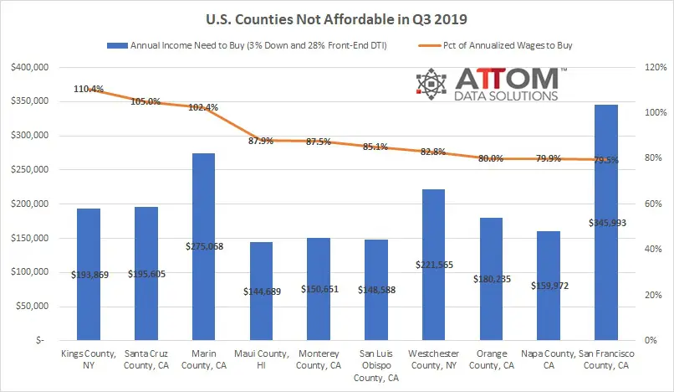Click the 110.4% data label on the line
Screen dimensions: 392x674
pos(89,89)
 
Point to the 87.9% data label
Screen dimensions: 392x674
pos(261,141)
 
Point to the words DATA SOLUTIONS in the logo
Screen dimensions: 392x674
pos(506,96)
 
